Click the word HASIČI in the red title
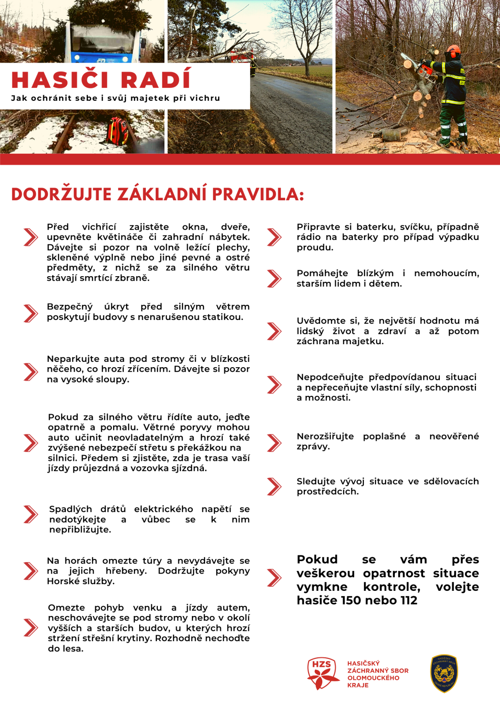coord(60,80)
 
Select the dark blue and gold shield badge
coord(444,673)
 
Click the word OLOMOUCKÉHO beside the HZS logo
coord(373,678)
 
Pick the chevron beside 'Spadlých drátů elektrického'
coord(31,514)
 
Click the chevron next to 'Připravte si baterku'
coord(274,237)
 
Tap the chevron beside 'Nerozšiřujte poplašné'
coord(274,443)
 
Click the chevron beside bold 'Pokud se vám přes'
coord(274,578)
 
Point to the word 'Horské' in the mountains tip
coord(61,581)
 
